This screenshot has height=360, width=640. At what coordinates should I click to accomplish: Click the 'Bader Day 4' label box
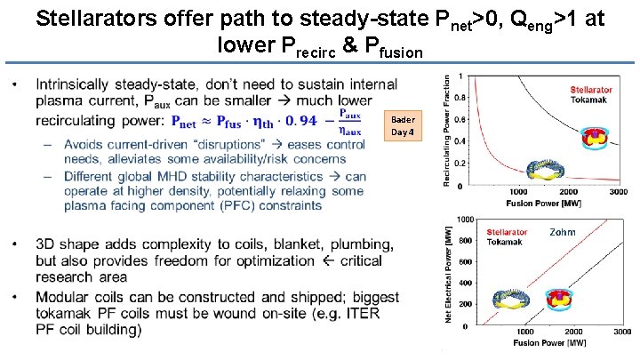coord(404,125)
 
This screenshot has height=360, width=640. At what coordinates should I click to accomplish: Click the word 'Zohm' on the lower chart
coord(562,232)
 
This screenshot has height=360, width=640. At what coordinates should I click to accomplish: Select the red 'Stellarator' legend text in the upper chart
coord(591,90)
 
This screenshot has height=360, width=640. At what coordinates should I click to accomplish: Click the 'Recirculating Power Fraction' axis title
coord(445,130)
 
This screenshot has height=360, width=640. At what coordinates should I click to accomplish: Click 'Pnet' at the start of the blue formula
coord(186,122)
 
